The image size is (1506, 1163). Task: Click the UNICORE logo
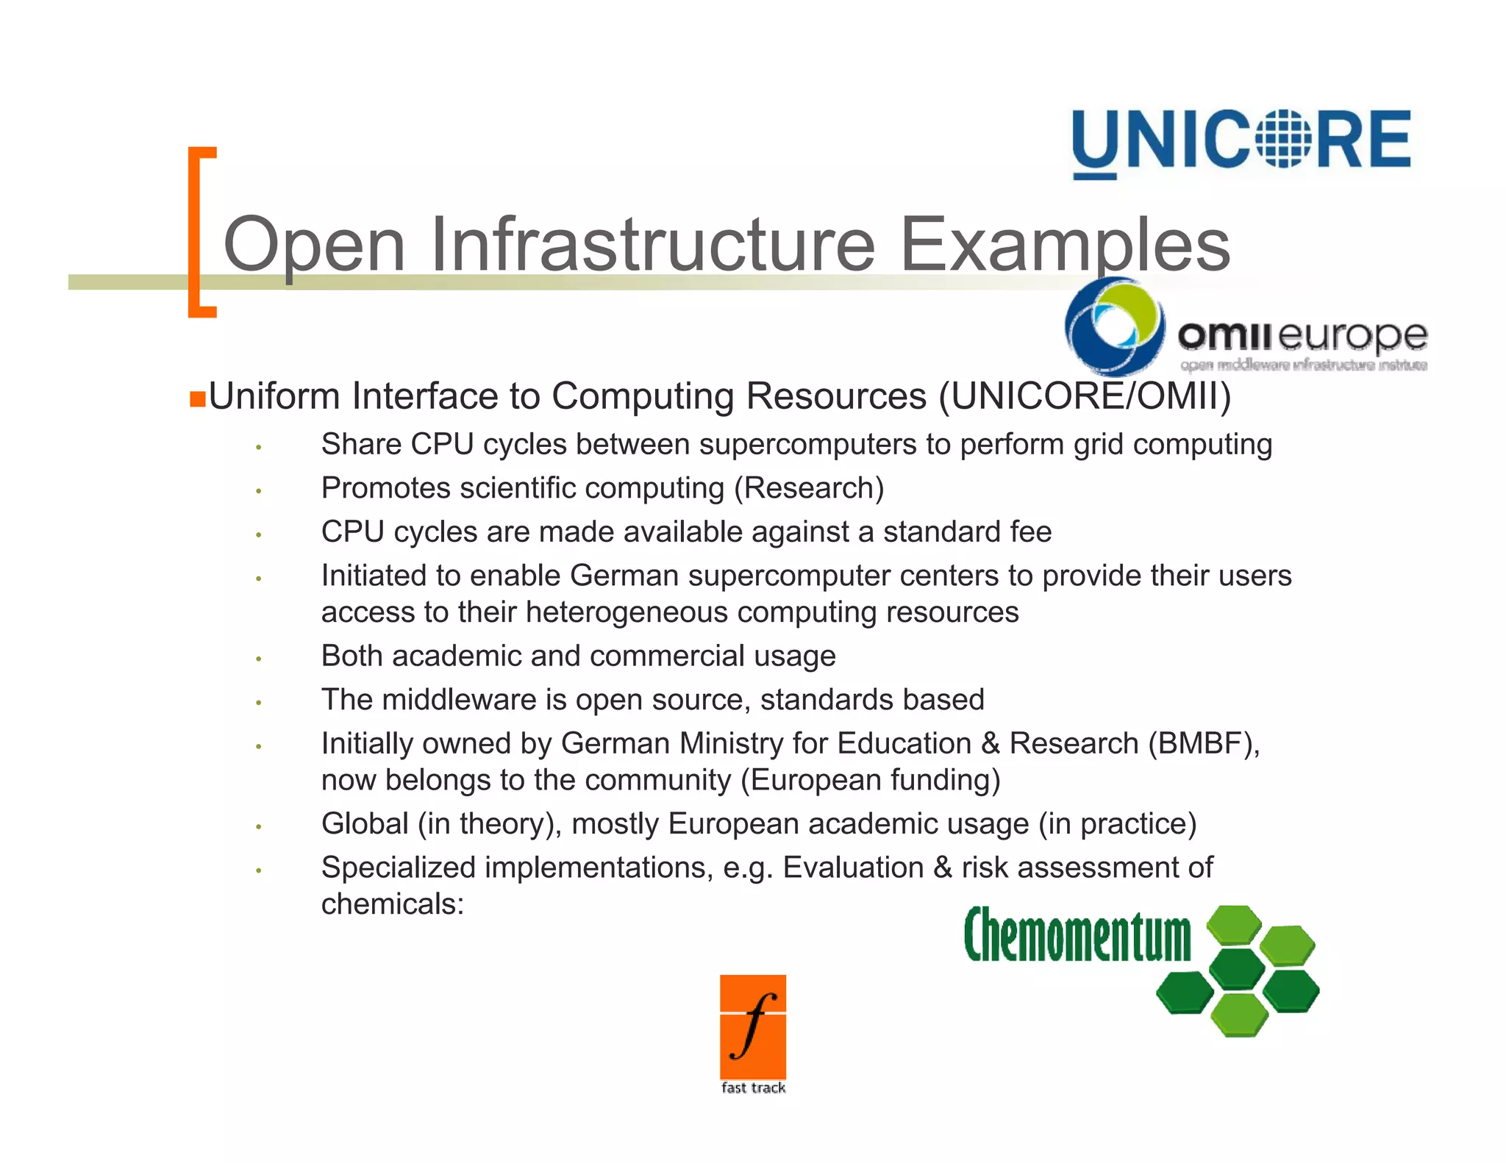tap(1241, 141)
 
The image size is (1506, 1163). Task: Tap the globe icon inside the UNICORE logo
tap(1282, 138)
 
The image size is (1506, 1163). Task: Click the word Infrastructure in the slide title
tap(652, 244)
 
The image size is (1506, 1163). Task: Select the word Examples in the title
tap(1065, 244)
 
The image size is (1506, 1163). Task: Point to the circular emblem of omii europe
tap(1114, 327)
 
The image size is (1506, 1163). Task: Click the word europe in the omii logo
tap(1353, 337)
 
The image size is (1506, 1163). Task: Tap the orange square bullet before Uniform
tap(197, 399)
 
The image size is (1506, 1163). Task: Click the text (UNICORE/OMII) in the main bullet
tap(1085, 396)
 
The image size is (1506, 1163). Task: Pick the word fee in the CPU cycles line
tap(1031, 532)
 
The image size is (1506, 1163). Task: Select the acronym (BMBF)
tap(1204, 743)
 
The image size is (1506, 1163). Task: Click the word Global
tap(365, 824)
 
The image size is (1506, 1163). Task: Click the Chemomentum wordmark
tap(1077, 935)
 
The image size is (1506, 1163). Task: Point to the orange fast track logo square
tap(753, 1027)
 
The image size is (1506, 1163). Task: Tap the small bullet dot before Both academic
tap(259, 659)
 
